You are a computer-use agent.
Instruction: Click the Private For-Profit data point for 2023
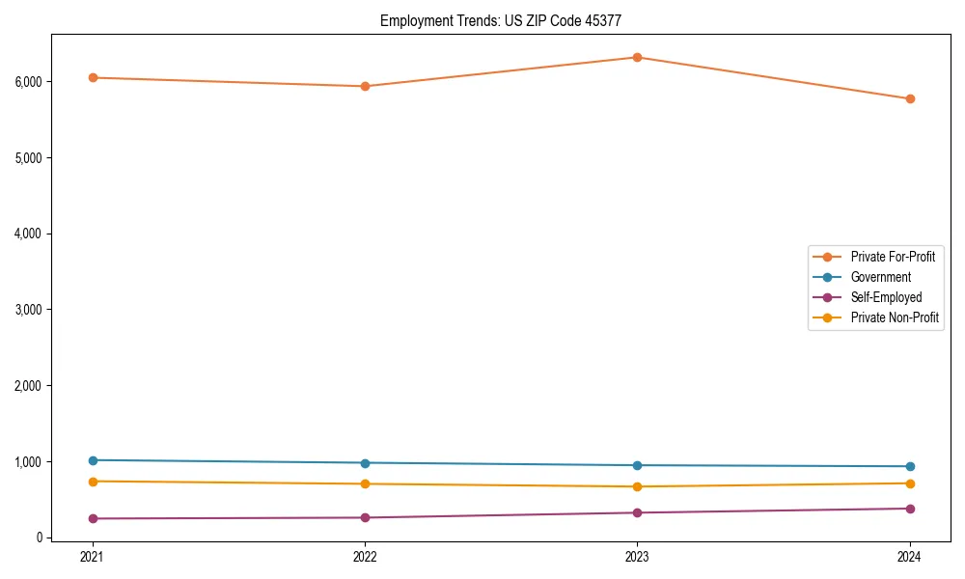click(x=637, y=57)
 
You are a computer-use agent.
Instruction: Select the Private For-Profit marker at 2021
click(x=93, y=77)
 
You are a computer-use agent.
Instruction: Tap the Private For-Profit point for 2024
click(x=910, y=98)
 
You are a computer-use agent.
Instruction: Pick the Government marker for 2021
click(x=93, y=460)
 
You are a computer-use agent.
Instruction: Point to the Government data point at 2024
click(x=910, y=466)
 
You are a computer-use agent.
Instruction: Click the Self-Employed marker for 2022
click(x=365, y=517)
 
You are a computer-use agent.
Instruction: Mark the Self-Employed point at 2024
click(x=910, y=509)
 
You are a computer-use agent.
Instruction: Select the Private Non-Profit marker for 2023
click(x=637, y=486)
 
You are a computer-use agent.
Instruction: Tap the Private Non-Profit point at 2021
click(x=93, y=482)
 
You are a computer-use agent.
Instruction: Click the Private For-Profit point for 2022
click(x=365, y=86)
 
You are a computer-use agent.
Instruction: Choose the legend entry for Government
click(x=880, y=277)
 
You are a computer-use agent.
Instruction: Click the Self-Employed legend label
click(x=886, y=297)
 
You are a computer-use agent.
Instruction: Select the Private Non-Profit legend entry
click(x=895, y=317)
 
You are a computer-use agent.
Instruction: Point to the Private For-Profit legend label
click(x=893, y=257)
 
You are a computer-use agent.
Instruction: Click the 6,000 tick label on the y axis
click(x=30, y=81)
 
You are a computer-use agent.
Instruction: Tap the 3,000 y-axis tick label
click(x=30, y=310)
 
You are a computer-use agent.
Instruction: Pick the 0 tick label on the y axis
click(x=41, y=538)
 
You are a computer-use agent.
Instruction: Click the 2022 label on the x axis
click(x=365, y=556)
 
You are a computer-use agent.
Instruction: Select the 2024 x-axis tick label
click(x=910, y=556)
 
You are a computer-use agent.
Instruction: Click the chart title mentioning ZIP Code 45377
click(x=507, y=20)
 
